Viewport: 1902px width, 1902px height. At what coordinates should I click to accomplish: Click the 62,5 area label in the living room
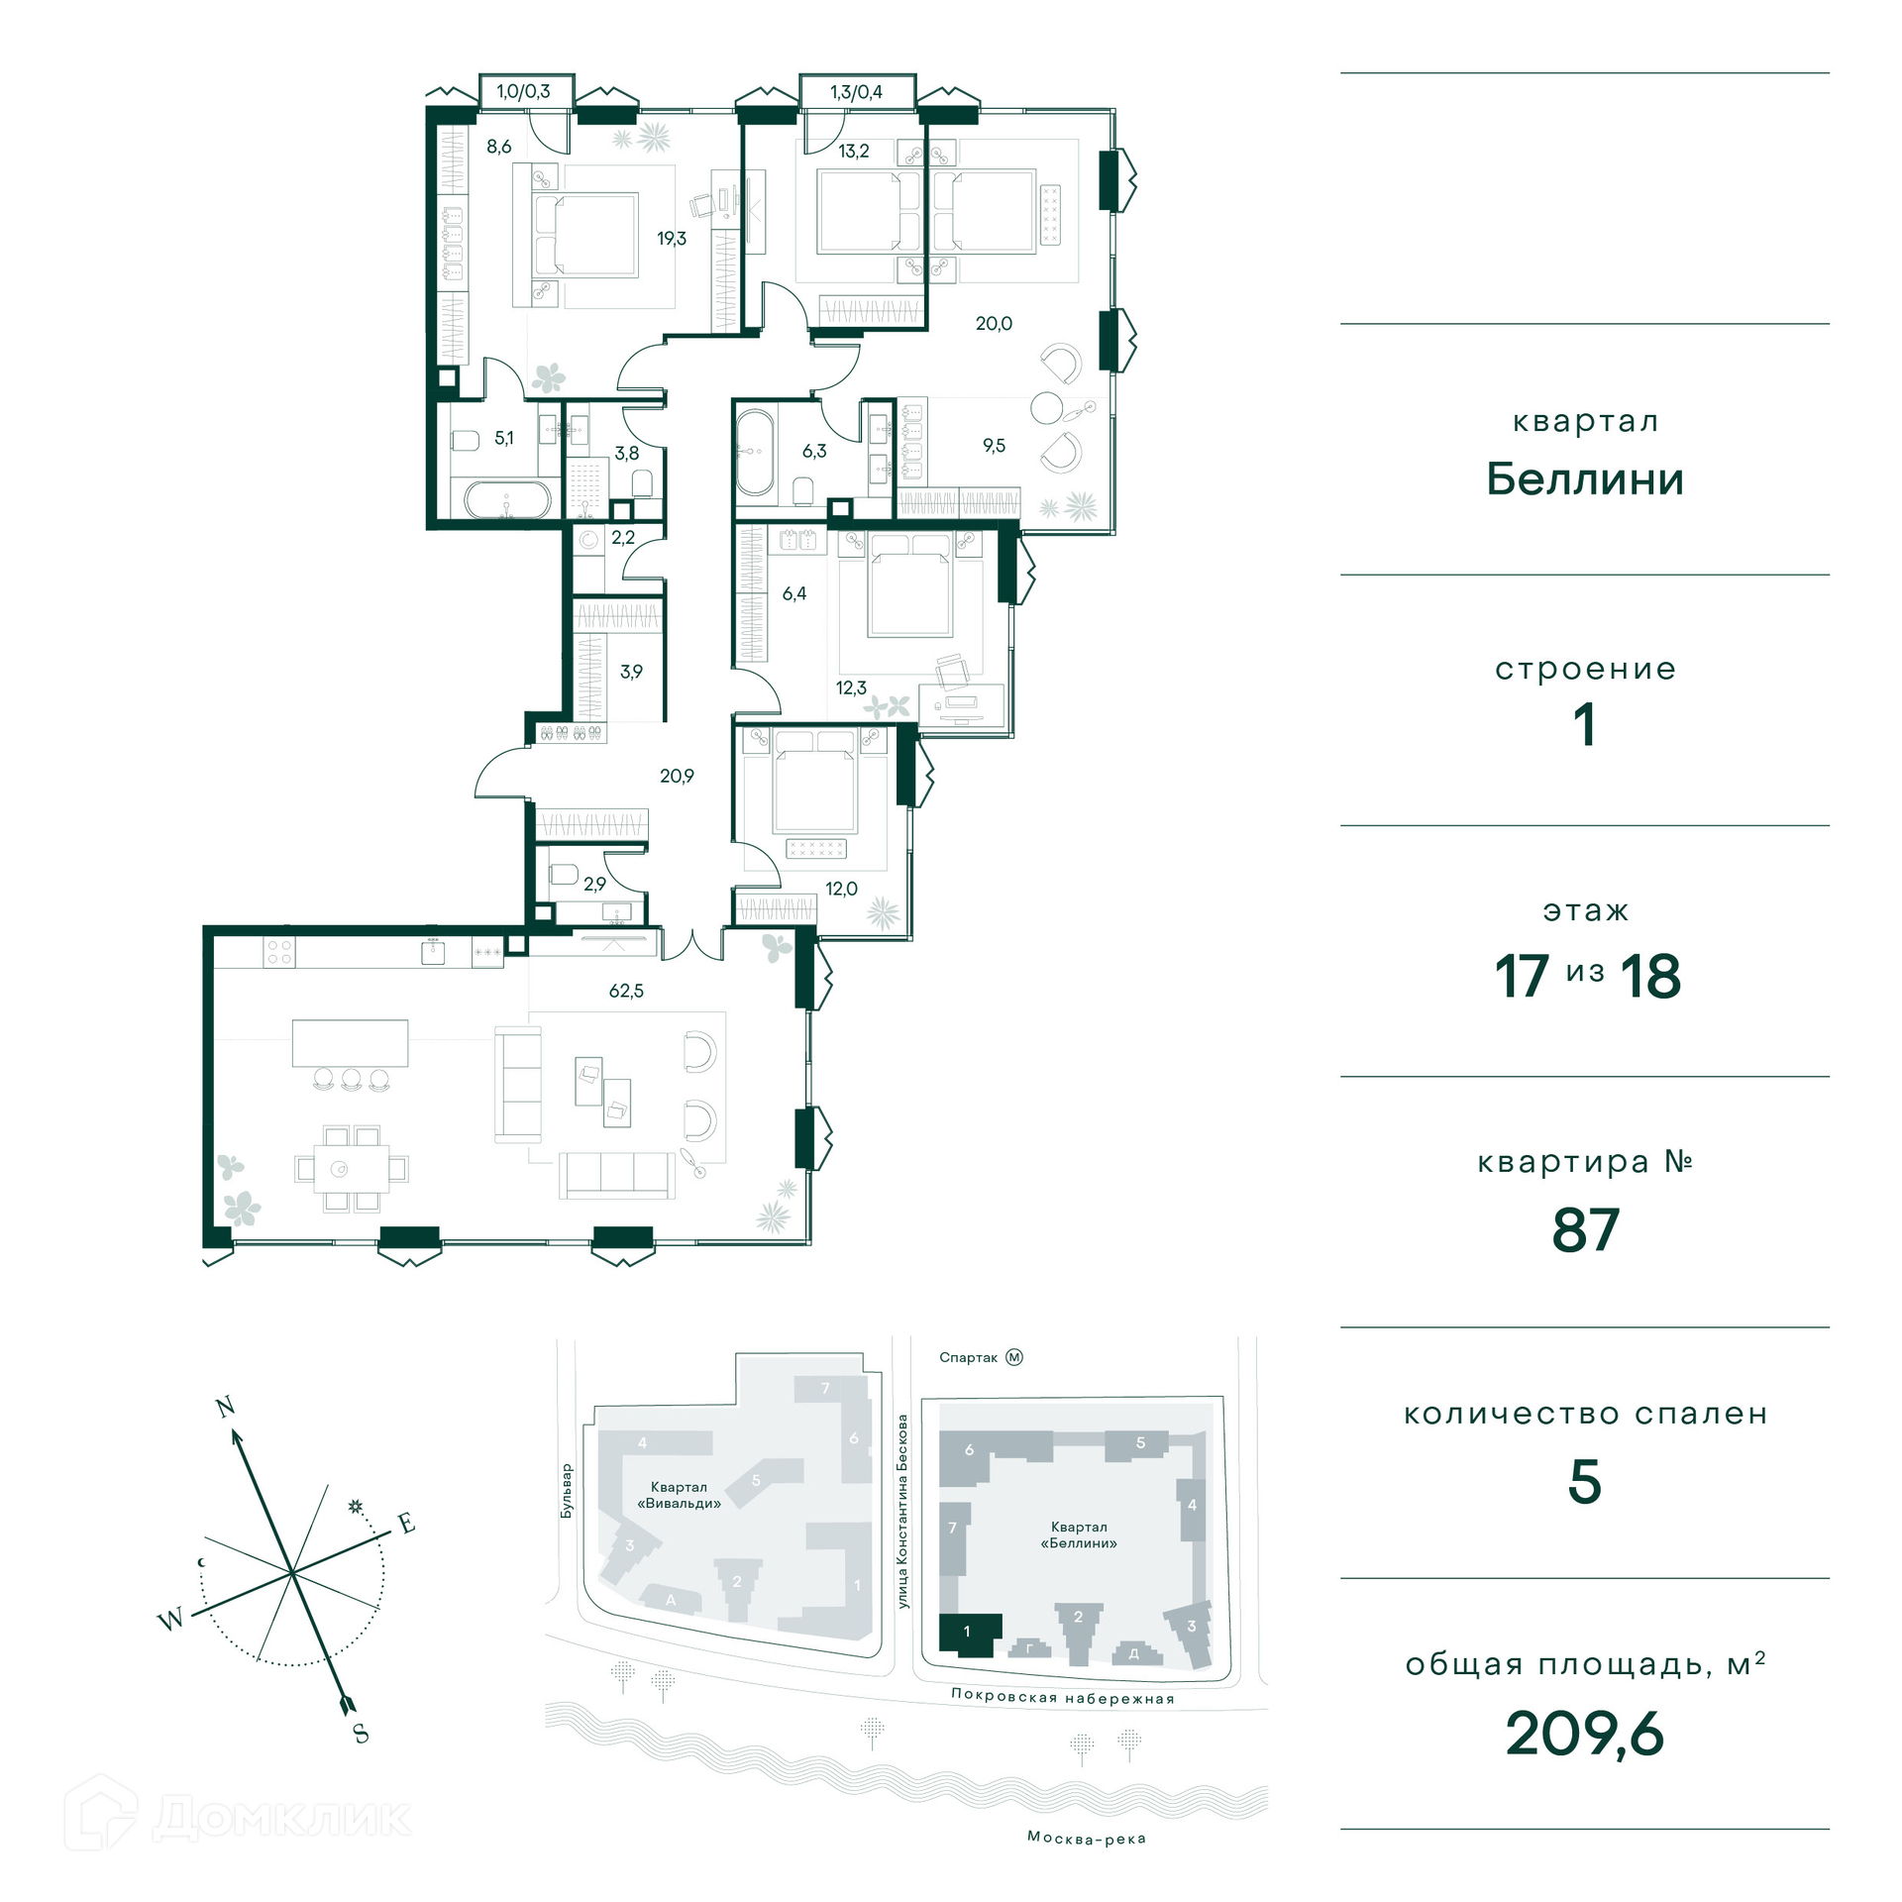(x=626, y=991)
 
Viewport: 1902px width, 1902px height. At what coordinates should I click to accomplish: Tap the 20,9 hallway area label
(x=677, y=777)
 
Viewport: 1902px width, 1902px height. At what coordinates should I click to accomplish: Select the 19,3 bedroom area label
(x=672, y=239)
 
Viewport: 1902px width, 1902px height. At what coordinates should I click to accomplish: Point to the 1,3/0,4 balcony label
(x=856, y=92)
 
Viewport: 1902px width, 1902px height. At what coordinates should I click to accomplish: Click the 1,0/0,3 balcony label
(x=523, y=92)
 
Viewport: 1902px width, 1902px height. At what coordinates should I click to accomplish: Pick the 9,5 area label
(x=994, y=446)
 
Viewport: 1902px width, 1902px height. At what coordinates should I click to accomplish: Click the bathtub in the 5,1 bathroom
(x=506, y=499)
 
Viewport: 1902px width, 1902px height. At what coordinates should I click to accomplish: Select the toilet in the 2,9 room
(x=563, y=874)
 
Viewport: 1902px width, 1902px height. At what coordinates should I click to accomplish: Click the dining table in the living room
(x=352, y=1169)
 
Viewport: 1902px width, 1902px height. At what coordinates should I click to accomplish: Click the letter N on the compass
(x=226, y=1407)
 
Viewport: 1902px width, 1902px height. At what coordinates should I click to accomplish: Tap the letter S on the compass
(x=361, y=1734)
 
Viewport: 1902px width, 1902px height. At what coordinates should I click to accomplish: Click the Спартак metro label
(x=968, y=1358)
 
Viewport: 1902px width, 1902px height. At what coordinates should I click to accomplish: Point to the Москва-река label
(x=1087, y=1839)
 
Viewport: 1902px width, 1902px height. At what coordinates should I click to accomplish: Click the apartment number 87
(x=1585, y=1230)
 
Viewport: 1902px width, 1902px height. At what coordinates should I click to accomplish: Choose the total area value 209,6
(x=1585, y=1734)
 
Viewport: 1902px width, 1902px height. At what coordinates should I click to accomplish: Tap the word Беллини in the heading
(x=1585, y=479)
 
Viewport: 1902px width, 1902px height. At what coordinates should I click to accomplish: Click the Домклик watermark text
(x=282, y=1818)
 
